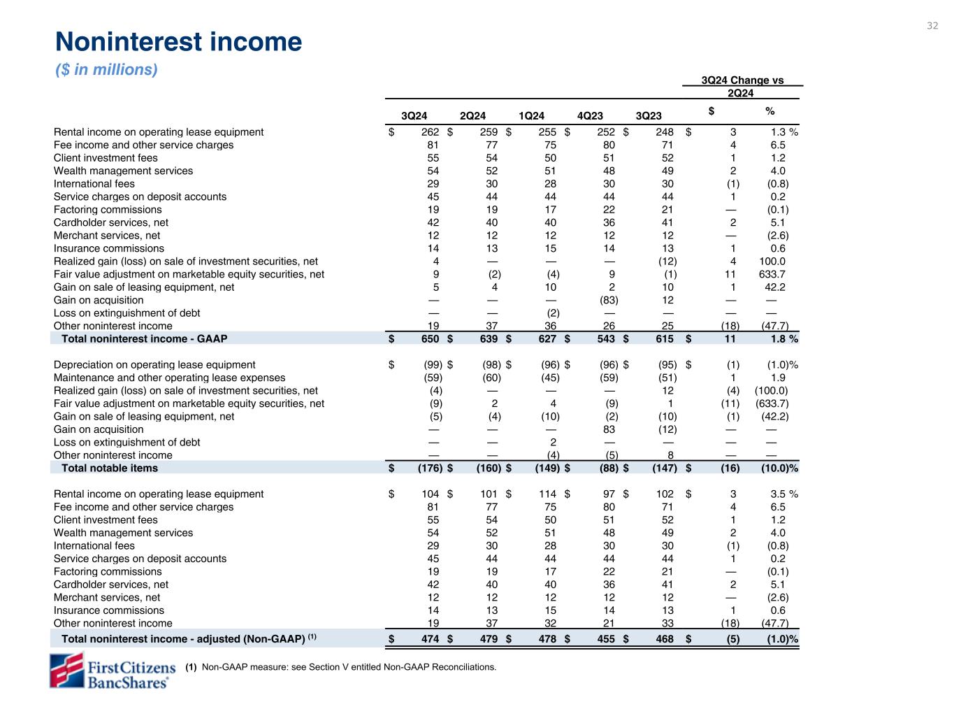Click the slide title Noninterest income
pyautogui.click(x=178, y=43)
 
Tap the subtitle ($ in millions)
pyautogui.click(x=106, y=70)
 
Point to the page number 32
pyautogui.click(x=932, y=26)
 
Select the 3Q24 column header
pyautogui.click(x=414, y=116)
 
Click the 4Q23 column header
pyautogui.click(x=591, y=116)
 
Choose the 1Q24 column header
pyautogui.click(x=531, y=116)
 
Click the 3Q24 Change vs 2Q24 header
pyautogui.click(x=742, y=86)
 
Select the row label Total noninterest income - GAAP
pyautogui.click(x=145, y=339)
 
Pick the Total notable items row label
pyautogui.click(x=110, y=468)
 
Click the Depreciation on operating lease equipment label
pyautogui.click(x=154, y=365)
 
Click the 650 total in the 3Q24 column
pyautogui.click(x=430, y=339)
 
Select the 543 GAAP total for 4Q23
pyautogui.click(x=606, y=339)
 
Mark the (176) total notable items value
pyautogui.click(x=428, y=468)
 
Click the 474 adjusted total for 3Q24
pyautogui.click(x=430, y=639)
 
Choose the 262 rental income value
pyautogui.click(x=430, y=132)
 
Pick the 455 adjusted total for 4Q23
pyautogui.click(x=606, y=639)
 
